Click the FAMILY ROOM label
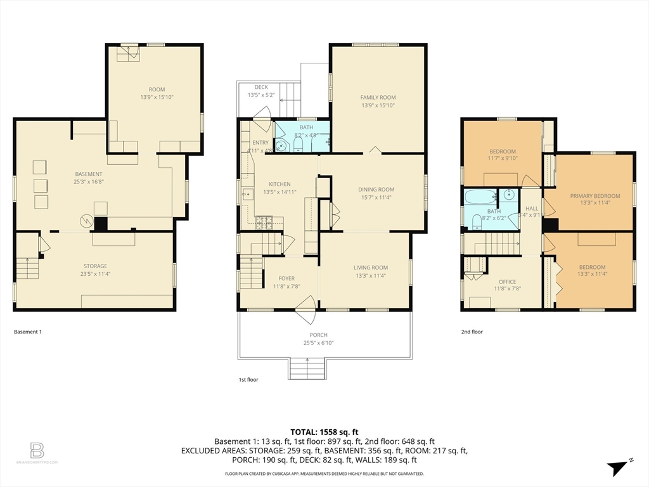click(x=378, y=98)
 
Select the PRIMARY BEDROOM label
click(x=594, y=196)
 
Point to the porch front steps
click(x=307, y=368)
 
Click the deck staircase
click(x=288, y=99)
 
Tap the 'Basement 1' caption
click(x=27, y=332)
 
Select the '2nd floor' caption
click(x=472, y=332)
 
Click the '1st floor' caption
click(x=248, y=379)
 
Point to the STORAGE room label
click(x=95, y=266)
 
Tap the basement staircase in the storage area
click(x=27, y=268)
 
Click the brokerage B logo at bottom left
click(x=37, y=451)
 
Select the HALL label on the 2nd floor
click(x=531, y=208)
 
